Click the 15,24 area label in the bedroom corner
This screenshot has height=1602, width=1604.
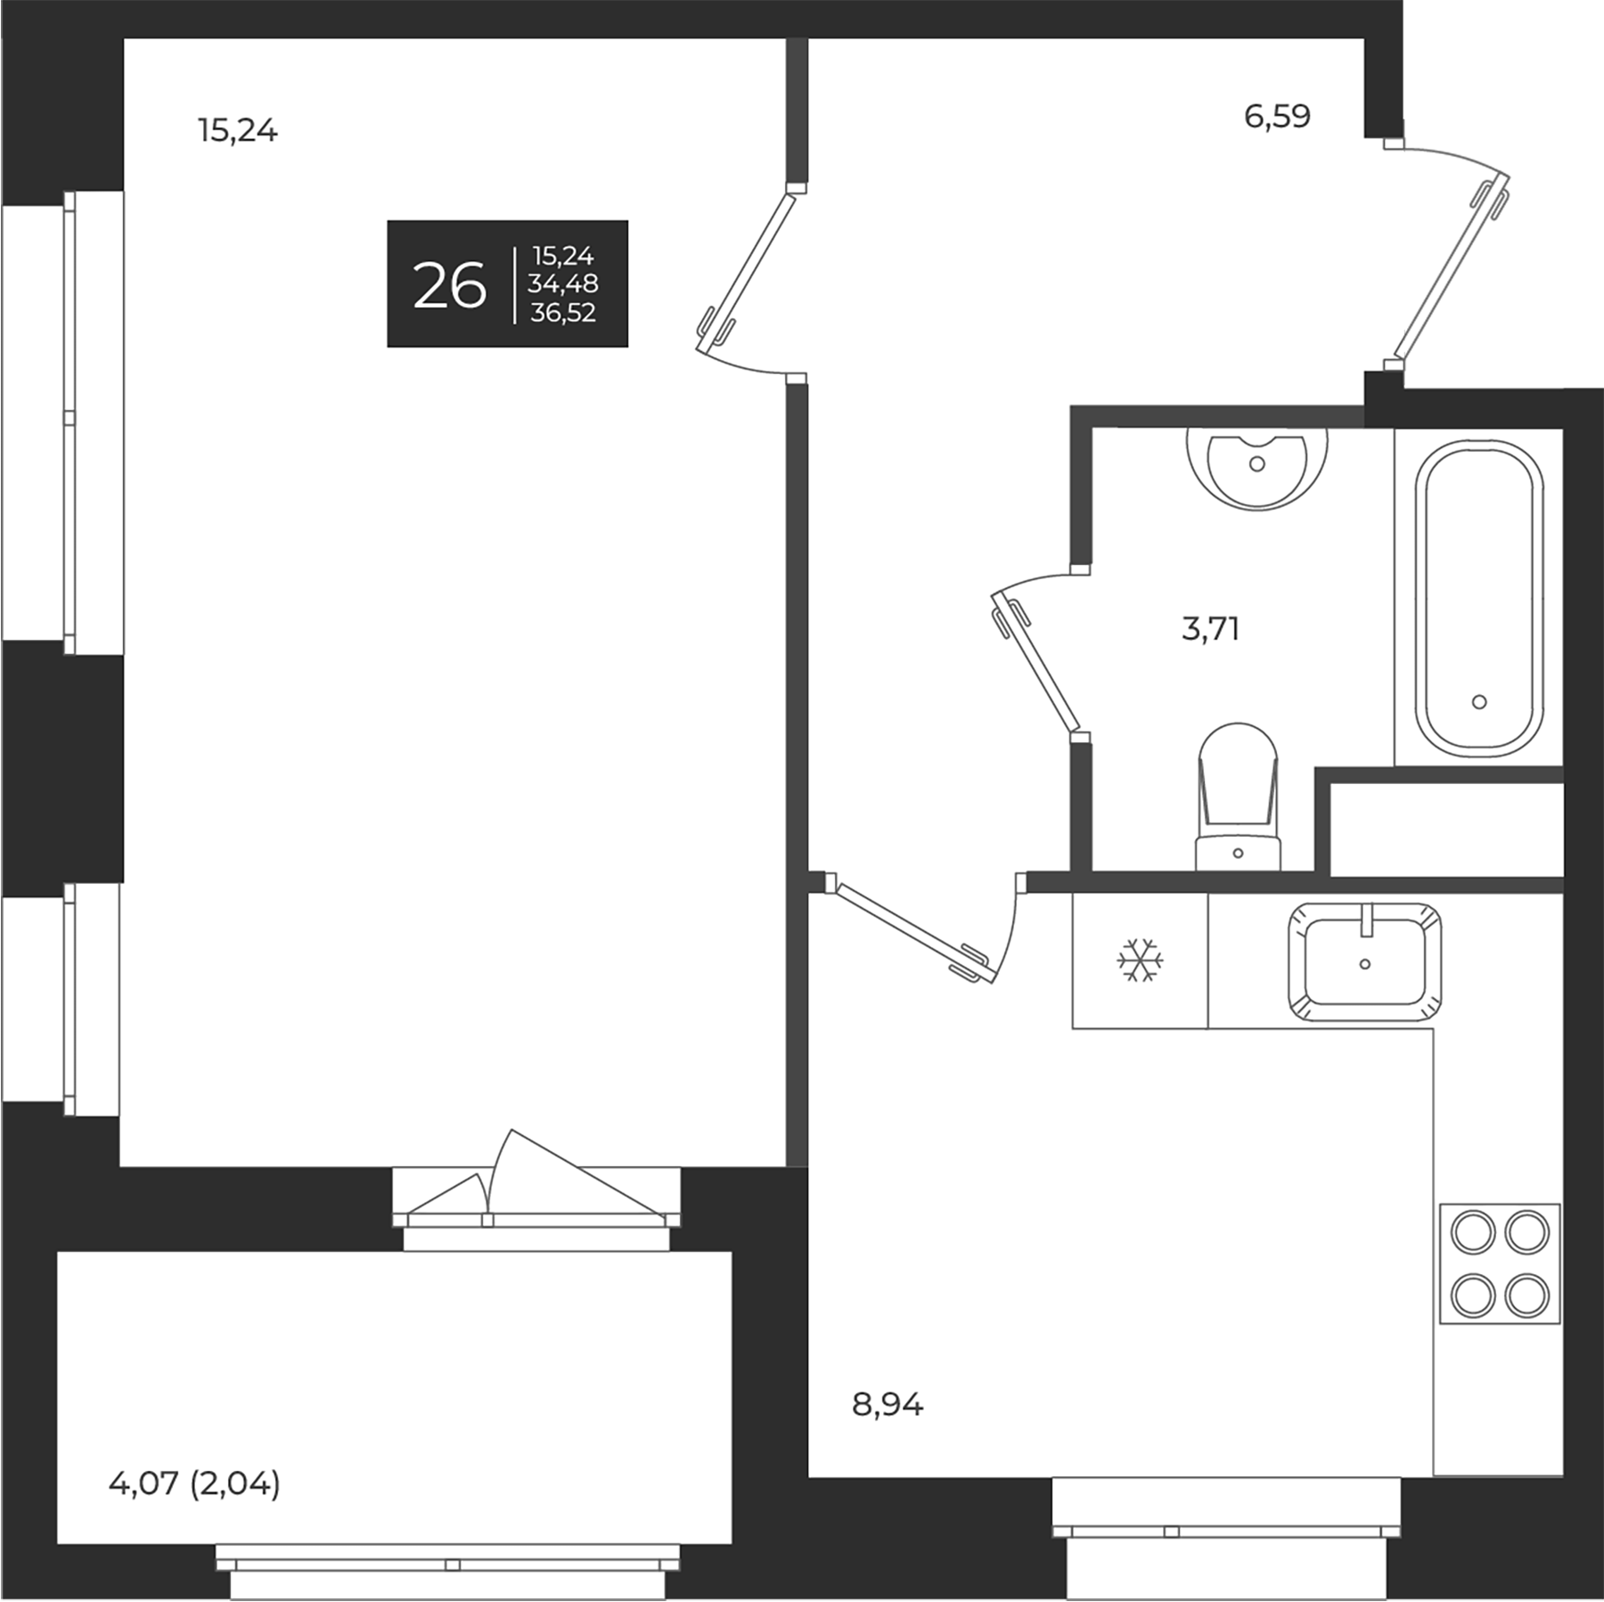[x=238, y=132]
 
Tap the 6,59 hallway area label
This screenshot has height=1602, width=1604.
[x=1277, y=117]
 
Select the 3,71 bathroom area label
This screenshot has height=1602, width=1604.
[x=1210, y=629]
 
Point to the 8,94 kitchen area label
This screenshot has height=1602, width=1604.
[x=888, y=1405]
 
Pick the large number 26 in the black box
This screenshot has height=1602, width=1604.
[x=450, y=286]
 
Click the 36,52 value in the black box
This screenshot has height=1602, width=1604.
[x=563, y=313]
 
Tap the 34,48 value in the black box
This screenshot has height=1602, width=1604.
[x=563, y=284]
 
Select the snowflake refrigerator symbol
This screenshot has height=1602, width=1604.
[x=1140, y=960]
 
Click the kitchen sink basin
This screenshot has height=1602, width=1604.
[x=1364, y=961]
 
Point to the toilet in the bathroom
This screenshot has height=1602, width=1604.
[x=1238, y=793]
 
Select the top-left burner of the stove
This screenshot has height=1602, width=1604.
[x=1472, y=1233]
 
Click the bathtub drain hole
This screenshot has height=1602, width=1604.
[x=1479, y=702]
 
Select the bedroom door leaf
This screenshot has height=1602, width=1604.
[x=747, y=267]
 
